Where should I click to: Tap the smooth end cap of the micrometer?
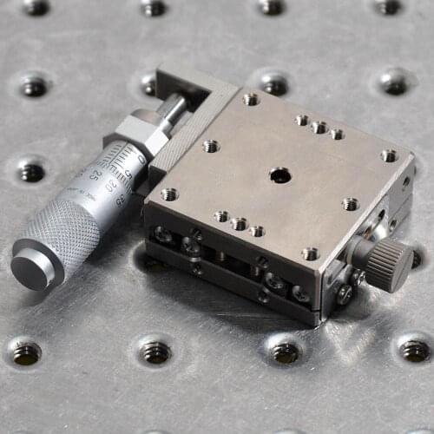[31, 268]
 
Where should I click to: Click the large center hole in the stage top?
[279, 175]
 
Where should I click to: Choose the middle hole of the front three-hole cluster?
[239, 223]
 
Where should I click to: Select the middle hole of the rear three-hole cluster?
[319, 128]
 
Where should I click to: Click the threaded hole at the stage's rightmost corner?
[389, 155]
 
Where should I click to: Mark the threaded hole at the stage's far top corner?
[251, 99]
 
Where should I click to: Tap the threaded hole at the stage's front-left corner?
[169, 194]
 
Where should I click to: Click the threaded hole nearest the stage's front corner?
[310, 253]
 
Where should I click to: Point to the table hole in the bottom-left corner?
[26, 352]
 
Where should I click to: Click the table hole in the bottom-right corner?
[414, 349]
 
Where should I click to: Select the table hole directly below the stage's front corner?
[286, 352]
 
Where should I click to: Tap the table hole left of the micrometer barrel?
[32, 172]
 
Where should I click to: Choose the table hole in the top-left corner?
[36, 7]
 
